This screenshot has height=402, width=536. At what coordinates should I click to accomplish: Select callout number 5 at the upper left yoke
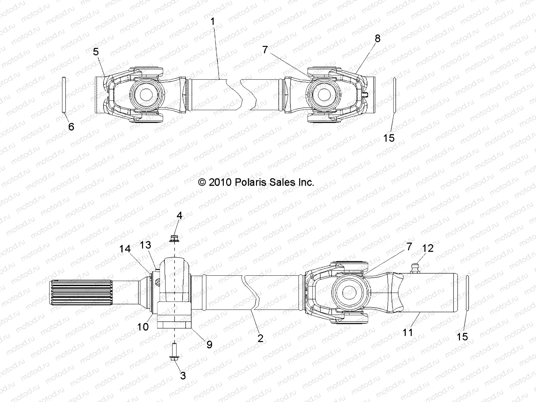click(x=96, y=52)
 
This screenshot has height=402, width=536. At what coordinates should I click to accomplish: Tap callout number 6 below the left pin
click(x=71, y=127)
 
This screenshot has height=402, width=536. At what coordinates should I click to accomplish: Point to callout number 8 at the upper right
click(x=378, y=39)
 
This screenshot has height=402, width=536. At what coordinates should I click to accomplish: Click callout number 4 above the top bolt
click(x=180, y=215)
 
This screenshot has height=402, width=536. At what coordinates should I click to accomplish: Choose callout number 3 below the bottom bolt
click(x=183, y=376)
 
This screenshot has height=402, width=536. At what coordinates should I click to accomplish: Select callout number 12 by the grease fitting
click(x=428, y=248)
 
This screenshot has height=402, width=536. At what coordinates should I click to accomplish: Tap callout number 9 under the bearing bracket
click(x=209, y=344)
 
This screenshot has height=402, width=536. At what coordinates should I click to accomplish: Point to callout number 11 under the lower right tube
click(x=407, y=332)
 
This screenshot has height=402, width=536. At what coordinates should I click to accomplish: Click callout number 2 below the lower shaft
click(x=260, y=338)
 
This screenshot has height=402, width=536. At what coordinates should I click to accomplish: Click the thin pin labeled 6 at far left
click(x=65, y=95)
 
